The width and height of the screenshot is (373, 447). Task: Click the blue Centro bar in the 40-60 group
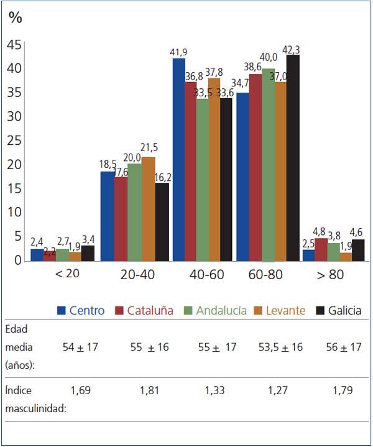[179, 159]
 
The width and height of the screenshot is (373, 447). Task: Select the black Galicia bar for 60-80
[293, 158]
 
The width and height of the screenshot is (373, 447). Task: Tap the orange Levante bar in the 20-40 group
[149, 209]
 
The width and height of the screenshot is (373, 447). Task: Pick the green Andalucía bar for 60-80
[268, 165]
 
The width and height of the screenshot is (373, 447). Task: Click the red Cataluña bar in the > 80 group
[321, 249]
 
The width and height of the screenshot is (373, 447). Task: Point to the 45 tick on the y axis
[14, 45]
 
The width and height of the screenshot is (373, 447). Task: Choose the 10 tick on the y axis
[14, 213]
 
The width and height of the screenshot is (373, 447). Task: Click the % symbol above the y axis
[15, 17]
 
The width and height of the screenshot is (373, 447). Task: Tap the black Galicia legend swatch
[321, 310]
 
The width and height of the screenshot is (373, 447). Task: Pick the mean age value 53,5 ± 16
[280, 347]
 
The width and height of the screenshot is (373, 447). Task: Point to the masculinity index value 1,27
[280, 391]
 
